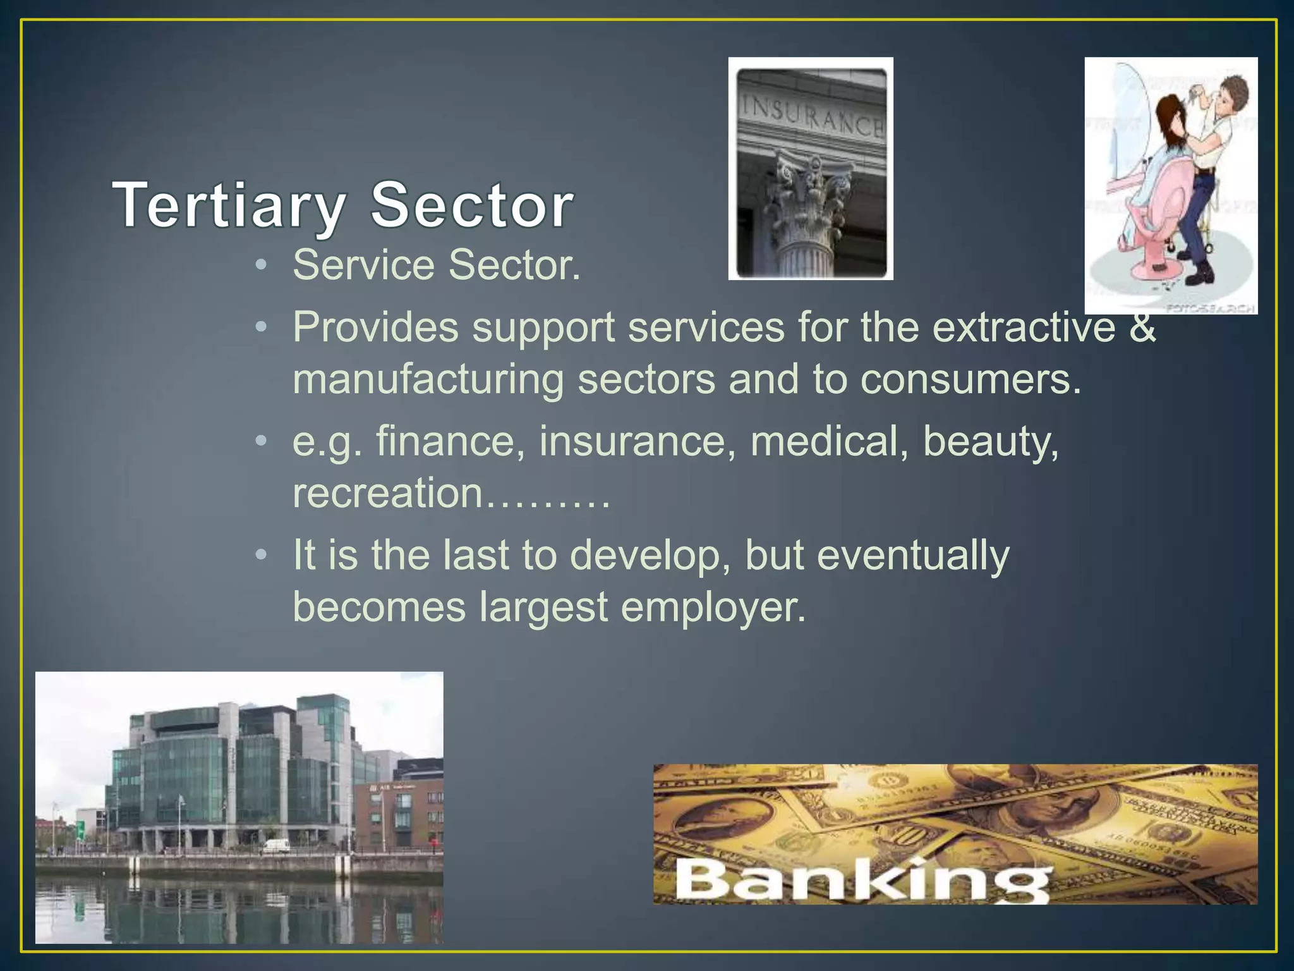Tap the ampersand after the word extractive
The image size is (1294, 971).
(1142, 327)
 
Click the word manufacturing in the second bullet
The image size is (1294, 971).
(428, 379)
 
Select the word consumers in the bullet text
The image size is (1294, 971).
(970, 379)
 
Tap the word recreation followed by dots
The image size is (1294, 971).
(387, 492)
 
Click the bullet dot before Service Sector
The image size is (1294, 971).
(262, 265)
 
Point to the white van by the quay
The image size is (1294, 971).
(276, 845)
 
